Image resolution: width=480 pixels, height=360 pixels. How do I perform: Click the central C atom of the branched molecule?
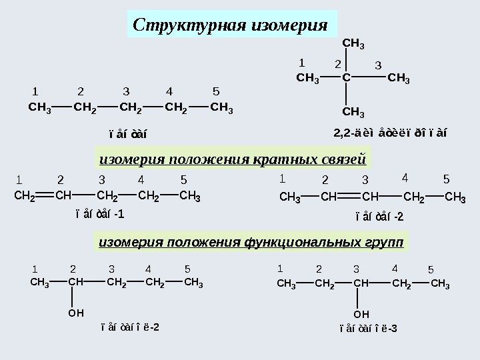pyautogui.click(x=346, y=78)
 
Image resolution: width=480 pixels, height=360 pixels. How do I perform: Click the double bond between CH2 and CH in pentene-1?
pyautogui.click(x=45, y=197)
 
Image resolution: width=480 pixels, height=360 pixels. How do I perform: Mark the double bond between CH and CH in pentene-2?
pyautogui.click(x=347, y=197)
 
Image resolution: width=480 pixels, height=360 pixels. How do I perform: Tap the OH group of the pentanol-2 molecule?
pyautogui.click(x=76, y=311)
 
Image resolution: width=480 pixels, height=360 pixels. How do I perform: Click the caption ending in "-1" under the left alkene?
pyautogui.click(x=99, y=215)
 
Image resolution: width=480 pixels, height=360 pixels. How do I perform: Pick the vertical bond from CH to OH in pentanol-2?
pyautogui.click(x=76, y=297)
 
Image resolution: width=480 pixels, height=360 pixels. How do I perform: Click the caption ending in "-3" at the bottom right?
pyautogui.click(x=367, y=328)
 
